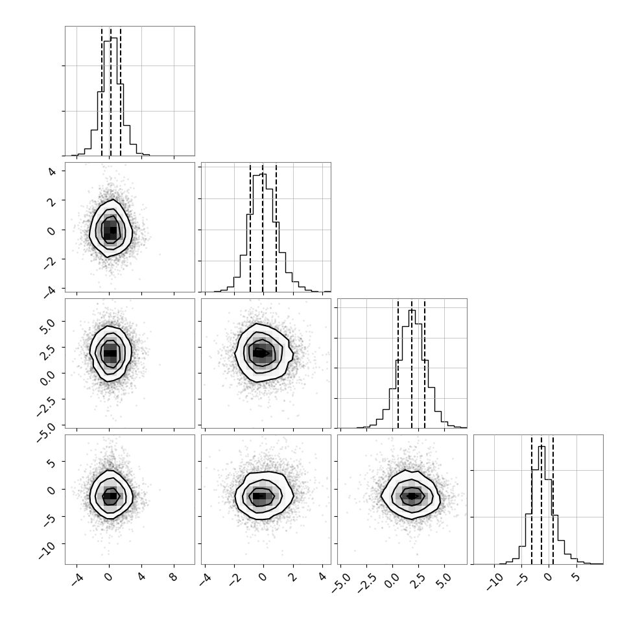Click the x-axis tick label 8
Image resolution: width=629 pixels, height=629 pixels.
pos(174,577)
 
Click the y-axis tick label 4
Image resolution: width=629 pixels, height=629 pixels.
pos(52,171)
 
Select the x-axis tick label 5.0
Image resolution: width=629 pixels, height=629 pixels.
pos(444,580)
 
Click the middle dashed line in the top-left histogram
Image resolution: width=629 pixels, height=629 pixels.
pos(111,91)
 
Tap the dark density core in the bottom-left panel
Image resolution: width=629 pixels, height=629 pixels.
pos(110,496)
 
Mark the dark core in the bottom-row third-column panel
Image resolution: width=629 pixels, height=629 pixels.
pos(412,496)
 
